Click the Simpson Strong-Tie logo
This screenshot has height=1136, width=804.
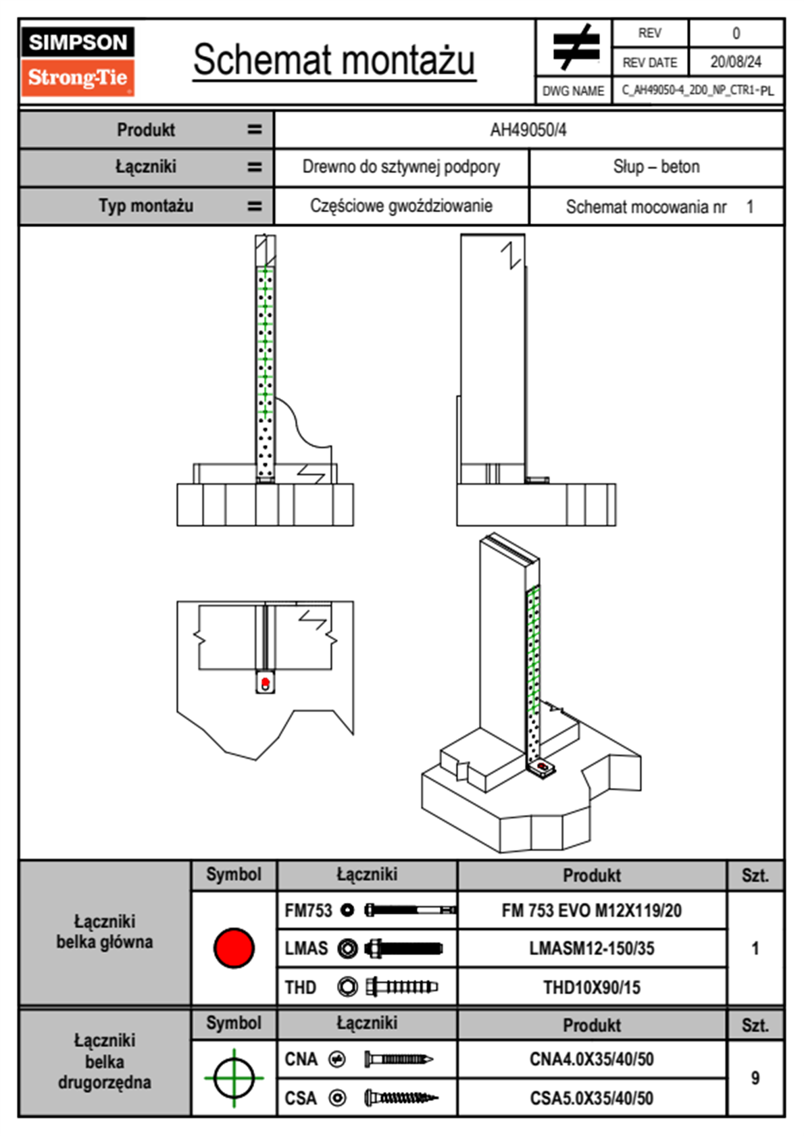point(78,61)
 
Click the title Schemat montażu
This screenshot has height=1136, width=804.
point(334,61)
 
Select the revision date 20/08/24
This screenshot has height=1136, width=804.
point(736,62)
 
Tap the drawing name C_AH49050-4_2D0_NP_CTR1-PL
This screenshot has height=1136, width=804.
point(698,91)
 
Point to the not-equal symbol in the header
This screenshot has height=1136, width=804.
point(575,47)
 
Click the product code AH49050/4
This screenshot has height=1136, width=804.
point(528,130)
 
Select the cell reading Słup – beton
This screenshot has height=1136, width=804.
point(656,167)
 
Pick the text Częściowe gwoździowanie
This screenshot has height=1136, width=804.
point(401,206)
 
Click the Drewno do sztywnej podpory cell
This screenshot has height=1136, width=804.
point(401,167)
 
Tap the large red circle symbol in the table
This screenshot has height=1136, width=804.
point(234,948)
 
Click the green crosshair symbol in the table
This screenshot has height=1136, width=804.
point(234,1078)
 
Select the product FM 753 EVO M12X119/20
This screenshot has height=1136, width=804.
point(591,911)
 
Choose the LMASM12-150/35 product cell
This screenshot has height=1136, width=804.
point(591,949)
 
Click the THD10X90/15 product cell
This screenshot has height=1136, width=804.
point(591,988)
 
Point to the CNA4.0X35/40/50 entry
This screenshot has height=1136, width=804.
point(591,1060)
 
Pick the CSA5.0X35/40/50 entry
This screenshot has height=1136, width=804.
point(591,1099)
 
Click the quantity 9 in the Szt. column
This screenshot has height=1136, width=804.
point(755,1079)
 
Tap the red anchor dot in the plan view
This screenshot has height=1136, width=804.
point(266,683)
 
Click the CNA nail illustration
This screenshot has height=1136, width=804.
point(398,1060)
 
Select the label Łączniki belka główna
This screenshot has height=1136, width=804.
point(105,932)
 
